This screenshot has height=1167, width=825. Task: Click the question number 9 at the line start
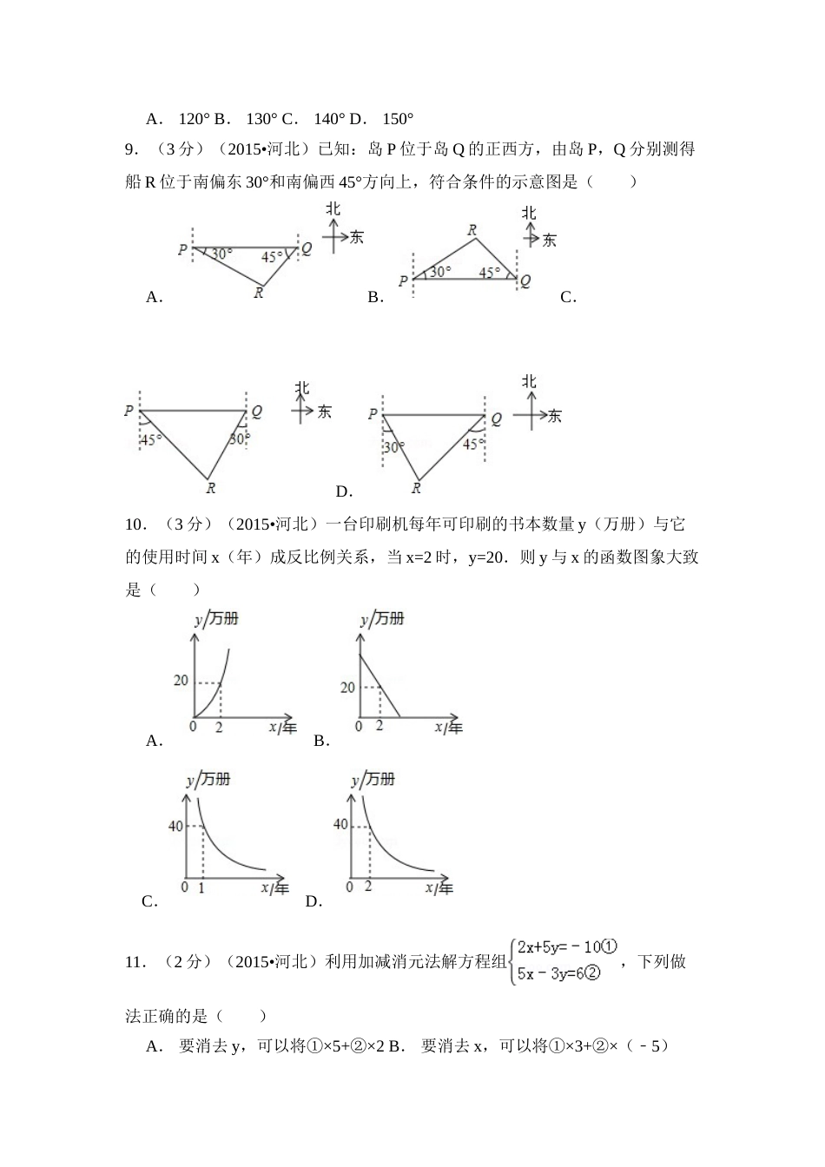[x=131, y=149]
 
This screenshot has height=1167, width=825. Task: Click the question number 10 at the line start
[x=135, y=524]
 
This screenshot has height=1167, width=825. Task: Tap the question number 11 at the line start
[x=135, y=961]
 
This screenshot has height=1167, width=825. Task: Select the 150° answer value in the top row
[x=398, y=119]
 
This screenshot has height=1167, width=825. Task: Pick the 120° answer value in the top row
[x=194, y=119]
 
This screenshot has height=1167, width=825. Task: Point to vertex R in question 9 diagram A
[x=259, y=293]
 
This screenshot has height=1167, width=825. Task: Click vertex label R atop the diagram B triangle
[x=472, y=230]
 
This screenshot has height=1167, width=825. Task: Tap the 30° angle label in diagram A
[x=222, y=254]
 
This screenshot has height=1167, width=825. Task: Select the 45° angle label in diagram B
[x=490, y=273]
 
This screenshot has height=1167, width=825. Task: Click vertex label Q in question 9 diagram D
[x=497, y=419]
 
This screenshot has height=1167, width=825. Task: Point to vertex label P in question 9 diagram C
[x=129, y=411]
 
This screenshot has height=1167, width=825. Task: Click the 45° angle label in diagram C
[x=151, y=440]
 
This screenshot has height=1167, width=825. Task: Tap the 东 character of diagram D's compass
[x=554, y=416]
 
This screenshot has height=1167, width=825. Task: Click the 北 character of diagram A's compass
[x=333, y=209]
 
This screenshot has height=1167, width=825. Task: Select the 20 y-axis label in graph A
[x=181, y=680]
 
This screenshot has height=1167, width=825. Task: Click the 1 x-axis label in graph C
[x=201, y=887]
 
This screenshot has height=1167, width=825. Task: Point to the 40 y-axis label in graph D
[x=340, y=824]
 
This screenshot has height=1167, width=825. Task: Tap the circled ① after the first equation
[x=609, y=946]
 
